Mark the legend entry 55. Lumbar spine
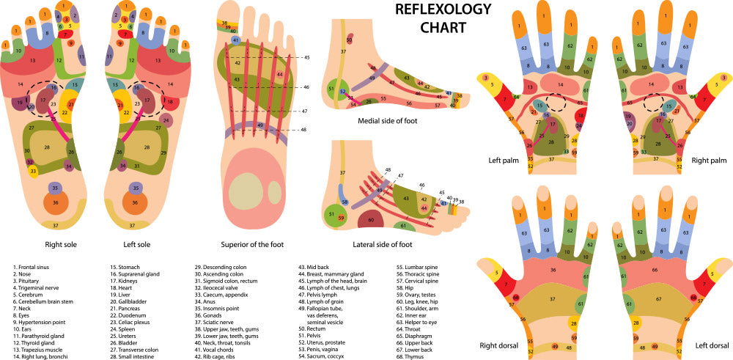pos(418,268)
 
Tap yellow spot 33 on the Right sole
pos(33,171)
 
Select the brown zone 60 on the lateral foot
pos(372,218)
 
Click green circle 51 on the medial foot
pos(332,89)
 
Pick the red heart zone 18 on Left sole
pos(169,101)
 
